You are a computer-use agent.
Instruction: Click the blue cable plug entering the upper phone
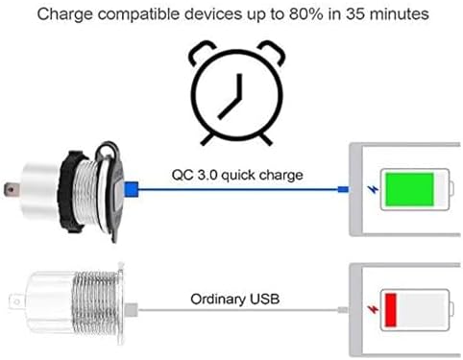coord(342,189)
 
